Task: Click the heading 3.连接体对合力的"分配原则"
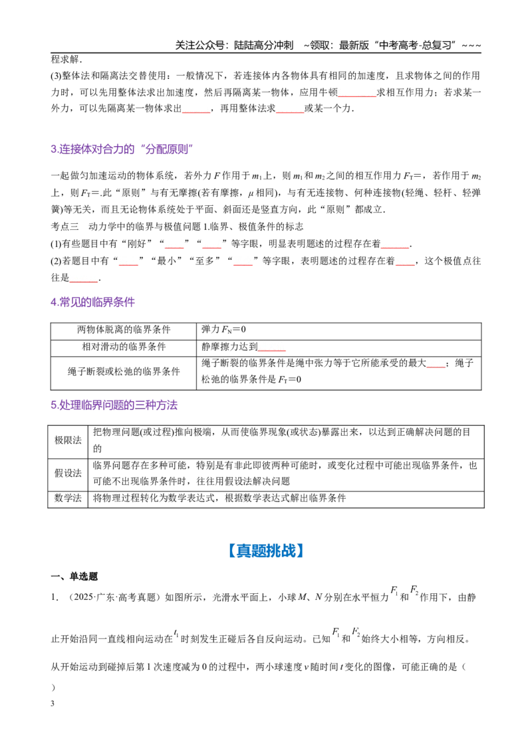[x=122, y=149]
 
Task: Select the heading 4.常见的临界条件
[x=92, y=302]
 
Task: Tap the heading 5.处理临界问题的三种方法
[x=114, y=405]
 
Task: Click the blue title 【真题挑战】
[x=266, y=551]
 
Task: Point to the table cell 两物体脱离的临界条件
[x=124, y=329]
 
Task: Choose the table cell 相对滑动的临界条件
[x=124, y=347]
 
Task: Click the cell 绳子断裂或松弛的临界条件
[x=124, y=371]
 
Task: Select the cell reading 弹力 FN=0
[x=223, y=329]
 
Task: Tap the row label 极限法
[x=68, y=440]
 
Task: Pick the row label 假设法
[x=68, y=474]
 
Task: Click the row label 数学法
[x=68, y=498]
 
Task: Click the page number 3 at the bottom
[x=53, y=704]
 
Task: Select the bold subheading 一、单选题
[x=74, y=577]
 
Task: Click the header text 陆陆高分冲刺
[x=263, y=45]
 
